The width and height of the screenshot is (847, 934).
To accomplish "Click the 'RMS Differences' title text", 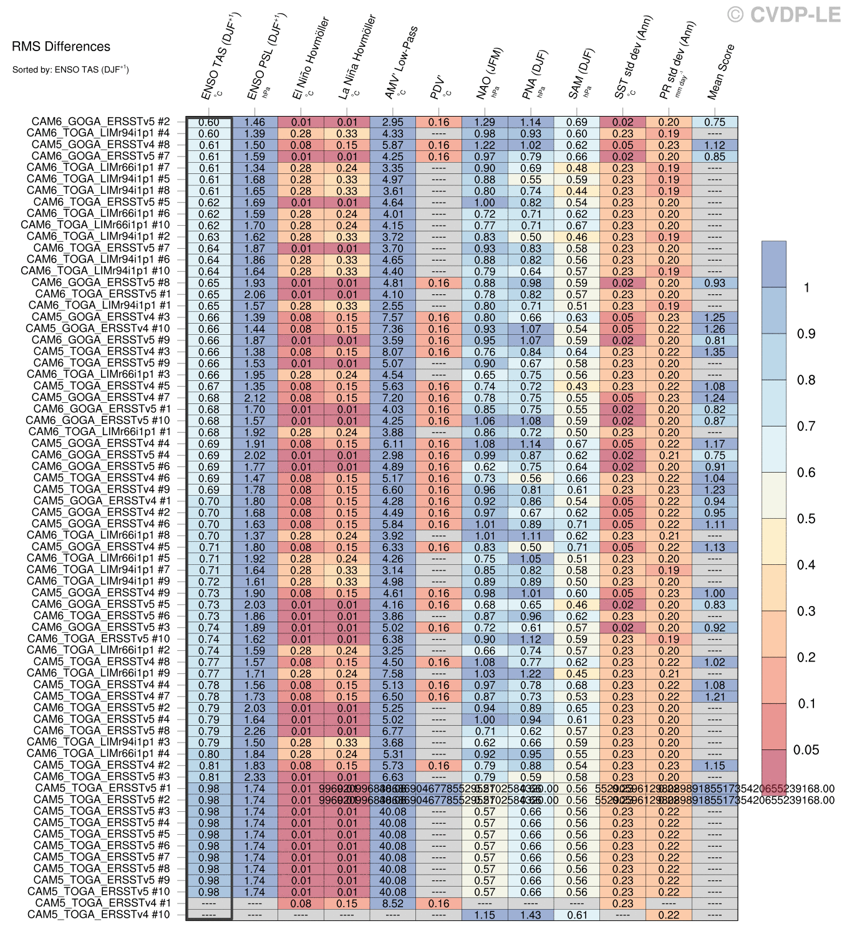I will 61,47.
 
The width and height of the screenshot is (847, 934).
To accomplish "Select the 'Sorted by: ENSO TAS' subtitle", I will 70,70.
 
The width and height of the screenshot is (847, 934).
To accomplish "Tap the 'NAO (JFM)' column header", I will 489,73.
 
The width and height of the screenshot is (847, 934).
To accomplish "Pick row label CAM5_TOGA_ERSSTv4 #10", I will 99,915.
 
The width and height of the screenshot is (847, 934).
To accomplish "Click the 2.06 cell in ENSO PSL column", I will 254,294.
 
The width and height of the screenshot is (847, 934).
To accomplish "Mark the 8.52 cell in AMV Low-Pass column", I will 393,903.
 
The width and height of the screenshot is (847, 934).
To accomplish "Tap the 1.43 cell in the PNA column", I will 531,915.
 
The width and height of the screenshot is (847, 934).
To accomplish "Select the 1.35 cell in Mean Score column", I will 715,352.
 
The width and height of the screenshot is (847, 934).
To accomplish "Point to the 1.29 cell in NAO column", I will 485,122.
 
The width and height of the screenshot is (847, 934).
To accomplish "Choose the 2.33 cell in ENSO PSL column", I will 254,777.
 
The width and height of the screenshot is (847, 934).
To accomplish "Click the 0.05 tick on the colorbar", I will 806,750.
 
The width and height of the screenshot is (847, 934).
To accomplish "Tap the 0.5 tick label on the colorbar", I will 806,519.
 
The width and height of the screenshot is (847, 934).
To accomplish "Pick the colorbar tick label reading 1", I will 806,288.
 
